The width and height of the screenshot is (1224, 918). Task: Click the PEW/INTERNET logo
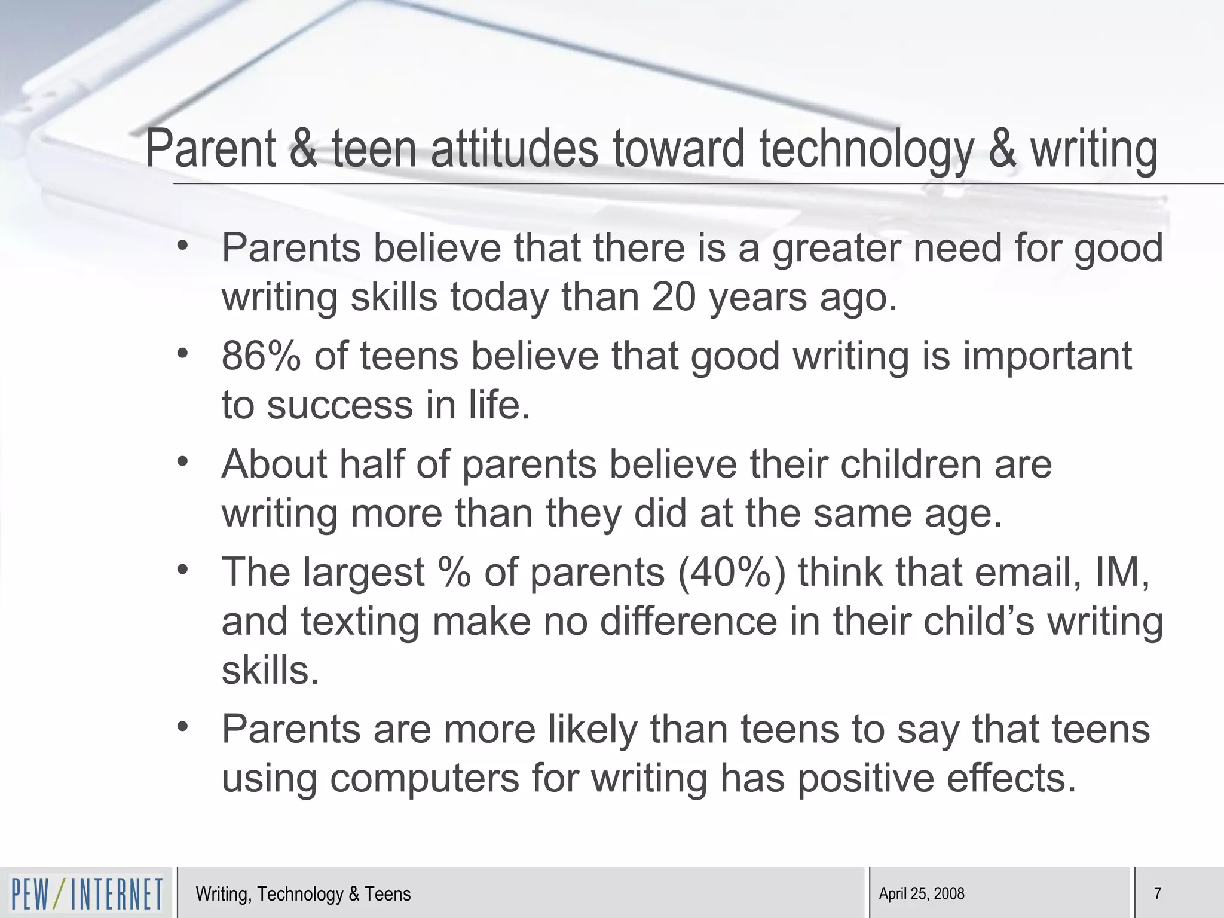point(87,893)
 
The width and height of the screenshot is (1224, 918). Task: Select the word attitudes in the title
point(515,149)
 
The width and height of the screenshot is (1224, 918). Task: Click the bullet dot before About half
point(183,461)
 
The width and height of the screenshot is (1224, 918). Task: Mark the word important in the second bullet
point(1047,356)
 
